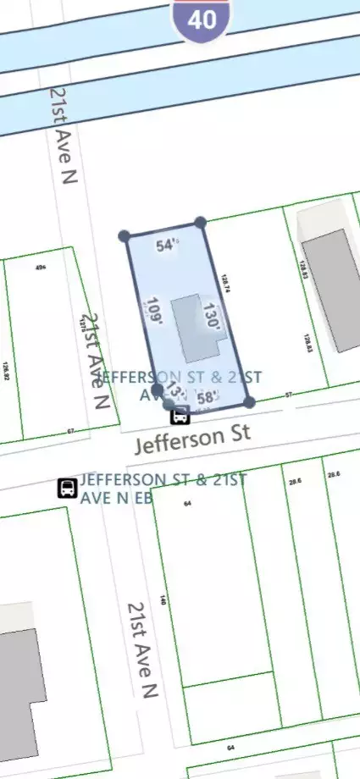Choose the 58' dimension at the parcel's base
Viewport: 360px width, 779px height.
pos(208,397)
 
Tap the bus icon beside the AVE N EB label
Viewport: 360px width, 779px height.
pos(68,489)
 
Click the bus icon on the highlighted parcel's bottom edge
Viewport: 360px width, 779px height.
pos(180,415)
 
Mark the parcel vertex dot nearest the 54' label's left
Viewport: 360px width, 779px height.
pos(125,235)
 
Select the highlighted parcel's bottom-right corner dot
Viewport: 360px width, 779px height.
pos(249,402)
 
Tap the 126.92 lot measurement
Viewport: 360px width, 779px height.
pos(6,373)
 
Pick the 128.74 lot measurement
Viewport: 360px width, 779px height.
pos(226,284)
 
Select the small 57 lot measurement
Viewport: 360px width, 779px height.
pos(289,395)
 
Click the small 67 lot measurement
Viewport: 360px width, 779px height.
pos(71,432)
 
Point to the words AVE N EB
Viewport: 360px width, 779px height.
pos(116,498)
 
